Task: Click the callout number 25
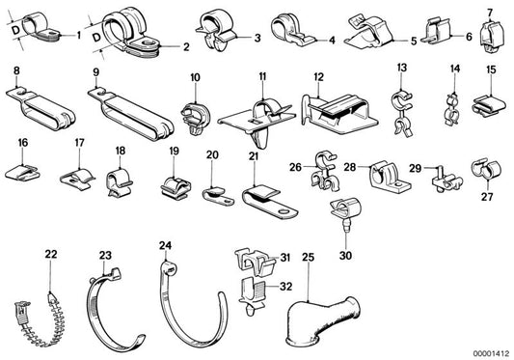[308, 258]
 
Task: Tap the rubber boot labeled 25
[323, 320]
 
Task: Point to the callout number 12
[318, 77]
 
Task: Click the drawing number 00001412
[491, 354]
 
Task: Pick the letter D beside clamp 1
[16, 31]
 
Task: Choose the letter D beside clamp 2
[96, 38]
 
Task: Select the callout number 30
[345, 256]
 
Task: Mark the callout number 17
[79, 143]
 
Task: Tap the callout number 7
[490, 14]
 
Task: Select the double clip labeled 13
[402, 113]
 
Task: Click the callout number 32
[285, 287]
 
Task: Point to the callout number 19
[174, 151]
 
